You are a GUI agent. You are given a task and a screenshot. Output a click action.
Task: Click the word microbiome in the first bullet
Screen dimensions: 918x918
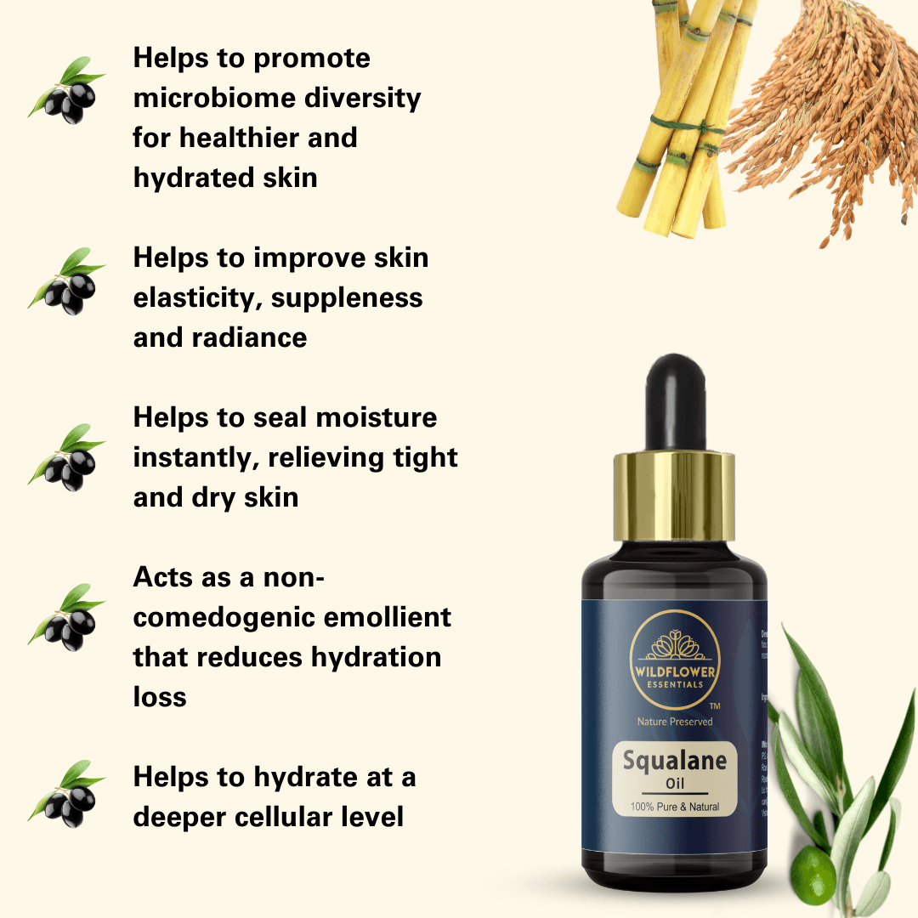[201, 98]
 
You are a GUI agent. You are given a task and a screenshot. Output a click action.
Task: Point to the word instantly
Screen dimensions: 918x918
[196, 457]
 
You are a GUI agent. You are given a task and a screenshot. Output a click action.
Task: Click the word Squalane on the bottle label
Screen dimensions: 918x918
[675, 759]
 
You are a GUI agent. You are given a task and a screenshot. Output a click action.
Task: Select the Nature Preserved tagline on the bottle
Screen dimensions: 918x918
[675, 722]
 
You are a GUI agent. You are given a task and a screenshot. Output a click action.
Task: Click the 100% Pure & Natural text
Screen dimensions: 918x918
[675, 806]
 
